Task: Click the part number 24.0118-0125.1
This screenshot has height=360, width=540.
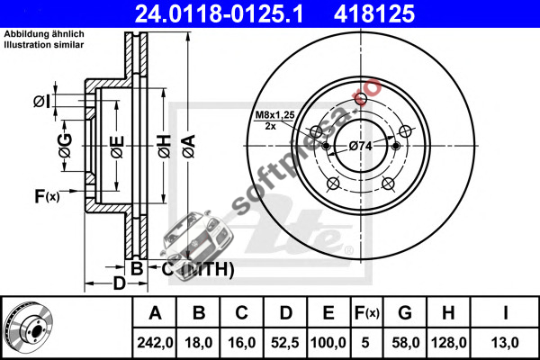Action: pos(219,13)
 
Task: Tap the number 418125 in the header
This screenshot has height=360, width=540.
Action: pos(374,13)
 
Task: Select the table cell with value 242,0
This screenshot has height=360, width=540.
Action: pos(155,342)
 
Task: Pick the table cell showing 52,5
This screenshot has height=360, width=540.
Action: pos(285,342)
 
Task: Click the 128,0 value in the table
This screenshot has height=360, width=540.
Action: pos(449,342)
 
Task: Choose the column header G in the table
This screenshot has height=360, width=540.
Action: pos(405,313)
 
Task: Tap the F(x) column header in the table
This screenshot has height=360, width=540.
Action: pos(367,313)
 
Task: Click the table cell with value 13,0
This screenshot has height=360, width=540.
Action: pos(505,342)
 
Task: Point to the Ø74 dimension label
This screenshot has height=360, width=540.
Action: pos(361,146)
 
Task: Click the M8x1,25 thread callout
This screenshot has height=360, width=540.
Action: pos(274,114)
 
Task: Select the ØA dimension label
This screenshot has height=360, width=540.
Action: pos(189,146)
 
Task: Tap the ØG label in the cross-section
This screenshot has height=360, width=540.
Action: pos(66,145)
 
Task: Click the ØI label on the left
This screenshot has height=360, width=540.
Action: pos(42,102)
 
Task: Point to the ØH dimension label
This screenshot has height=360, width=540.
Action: pos(165,147)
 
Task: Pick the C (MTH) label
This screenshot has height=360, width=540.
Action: pos(198,269)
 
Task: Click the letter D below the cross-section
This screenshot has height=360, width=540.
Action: pos(120,283)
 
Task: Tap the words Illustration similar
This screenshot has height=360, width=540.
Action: pos(44,45)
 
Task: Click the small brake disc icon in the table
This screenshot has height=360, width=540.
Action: pos(28,327)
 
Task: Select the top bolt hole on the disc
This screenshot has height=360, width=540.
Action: pos(361,98)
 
